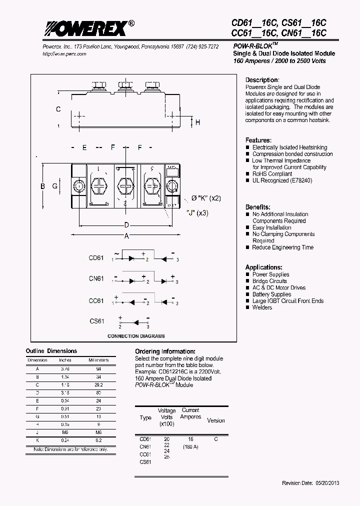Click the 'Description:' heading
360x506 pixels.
[x=261, y=80]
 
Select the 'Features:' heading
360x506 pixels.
[x=258, y=140]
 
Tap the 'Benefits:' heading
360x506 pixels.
[x=258, y=207]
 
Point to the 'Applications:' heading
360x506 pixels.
[x=264, y=267]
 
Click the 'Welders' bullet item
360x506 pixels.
[x=262, y=307]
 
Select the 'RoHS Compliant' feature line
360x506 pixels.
[x=272, y=174]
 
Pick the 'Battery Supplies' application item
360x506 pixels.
[x=271, y=294]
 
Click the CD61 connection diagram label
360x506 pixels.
[x=96, y=258]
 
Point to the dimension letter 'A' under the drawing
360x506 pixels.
[x=127, y=236]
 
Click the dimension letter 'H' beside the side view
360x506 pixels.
[x=198, y=122]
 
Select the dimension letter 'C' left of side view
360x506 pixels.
[x=58, y=109]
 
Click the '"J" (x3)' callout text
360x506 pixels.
[x=197, y=213]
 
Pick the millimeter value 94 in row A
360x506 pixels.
[x=98, y=368]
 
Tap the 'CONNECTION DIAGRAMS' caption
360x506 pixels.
[x=136, y=336]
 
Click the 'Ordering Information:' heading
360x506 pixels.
[x=165, y=351]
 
